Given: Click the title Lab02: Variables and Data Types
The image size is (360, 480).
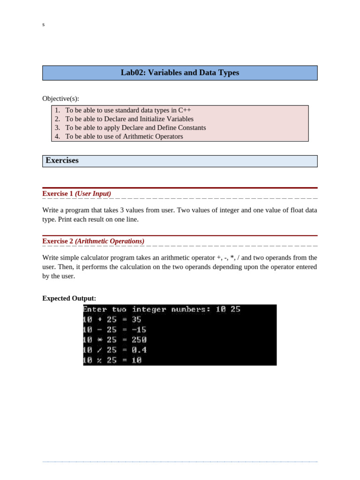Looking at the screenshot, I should tap(180, 73).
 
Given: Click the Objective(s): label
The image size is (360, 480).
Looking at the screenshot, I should tap(60, 98).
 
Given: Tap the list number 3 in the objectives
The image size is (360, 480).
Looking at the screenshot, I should tap(57, 127).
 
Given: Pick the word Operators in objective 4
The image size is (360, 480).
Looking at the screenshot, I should tap(168, 136).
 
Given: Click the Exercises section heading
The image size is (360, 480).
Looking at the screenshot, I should tap(62, 160).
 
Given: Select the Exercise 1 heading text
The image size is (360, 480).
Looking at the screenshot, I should tap(58, 194).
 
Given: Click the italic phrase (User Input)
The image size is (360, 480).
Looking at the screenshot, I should tap(93, 194).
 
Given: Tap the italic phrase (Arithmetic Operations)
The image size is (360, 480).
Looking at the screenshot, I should tap(110, 241).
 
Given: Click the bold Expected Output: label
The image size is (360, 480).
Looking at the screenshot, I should tap(69, 298).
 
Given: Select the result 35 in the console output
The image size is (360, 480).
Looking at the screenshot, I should tap(136, 320).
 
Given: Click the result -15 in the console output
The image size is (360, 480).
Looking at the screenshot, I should tap(139, 330).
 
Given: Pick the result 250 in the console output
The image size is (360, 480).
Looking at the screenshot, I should tap(139, 340).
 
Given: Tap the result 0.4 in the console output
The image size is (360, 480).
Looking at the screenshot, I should tap(139, 350).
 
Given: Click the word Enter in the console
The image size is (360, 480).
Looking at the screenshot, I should tap(95, 309).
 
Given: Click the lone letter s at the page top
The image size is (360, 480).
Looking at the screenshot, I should tap(44, 24).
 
